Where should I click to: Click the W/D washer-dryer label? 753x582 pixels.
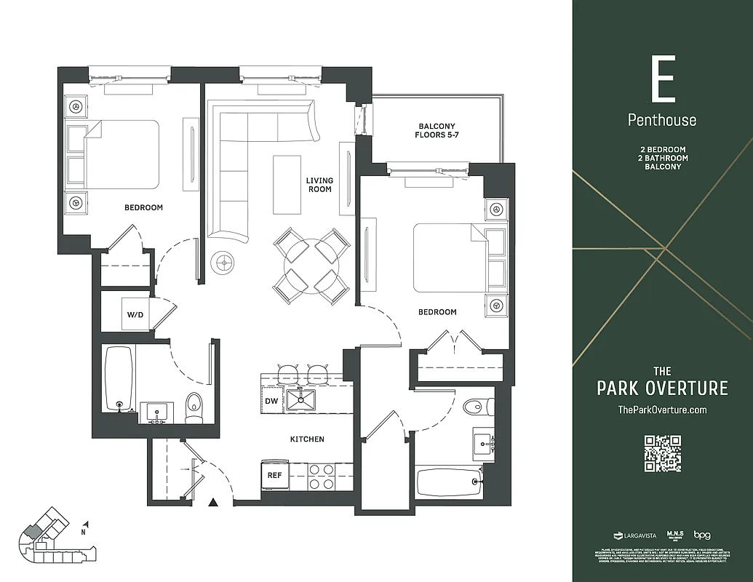pos(135,315)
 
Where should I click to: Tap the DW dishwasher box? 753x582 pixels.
pos(271,400)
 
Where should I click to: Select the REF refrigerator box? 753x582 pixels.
pos(274,475)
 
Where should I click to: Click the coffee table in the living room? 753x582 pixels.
pos(287,184)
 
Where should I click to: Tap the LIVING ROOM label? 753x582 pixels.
pos(319,185)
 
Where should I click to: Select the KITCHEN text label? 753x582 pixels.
pos(306,439)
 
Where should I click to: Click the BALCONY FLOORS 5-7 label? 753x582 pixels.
pos(436,131)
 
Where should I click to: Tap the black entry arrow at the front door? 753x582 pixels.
pos(213,502)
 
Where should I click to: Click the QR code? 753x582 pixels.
pos(662,453)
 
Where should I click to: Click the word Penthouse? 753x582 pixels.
pos(662,120)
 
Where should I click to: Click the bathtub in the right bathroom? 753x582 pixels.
pos(449,482)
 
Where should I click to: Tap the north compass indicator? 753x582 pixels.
pos(87,526)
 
